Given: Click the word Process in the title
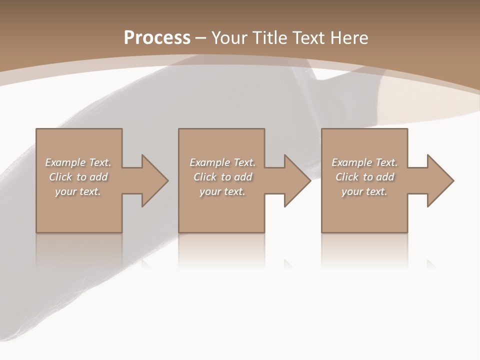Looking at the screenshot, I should [x=157, y=38].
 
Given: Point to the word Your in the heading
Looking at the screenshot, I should [x=230, y=38].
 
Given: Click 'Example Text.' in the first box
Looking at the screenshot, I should [x=78, y=162].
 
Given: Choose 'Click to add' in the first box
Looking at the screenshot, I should [x=78, y=177].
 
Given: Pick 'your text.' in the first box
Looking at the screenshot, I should [x=78, y=191].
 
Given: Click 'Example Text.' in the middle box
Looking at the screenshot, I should [x=222, y=162].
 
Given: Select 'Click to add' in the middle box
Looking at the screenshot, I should [x=222, y=177].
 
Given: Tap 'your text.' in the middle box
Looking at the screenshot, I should [x=222, y=191].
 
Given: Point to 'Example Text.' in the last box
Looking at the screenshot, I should [x=364, y=162].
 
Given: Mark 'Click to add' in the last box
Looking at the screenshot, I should [x=364, y=177].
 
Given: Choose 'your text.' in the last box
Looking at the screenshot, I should [x=364, y=191].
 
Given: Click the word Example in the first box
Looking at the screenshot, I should [x=65, y=162].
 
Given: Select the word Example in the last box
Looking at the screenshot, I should [x=352, y=162].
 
